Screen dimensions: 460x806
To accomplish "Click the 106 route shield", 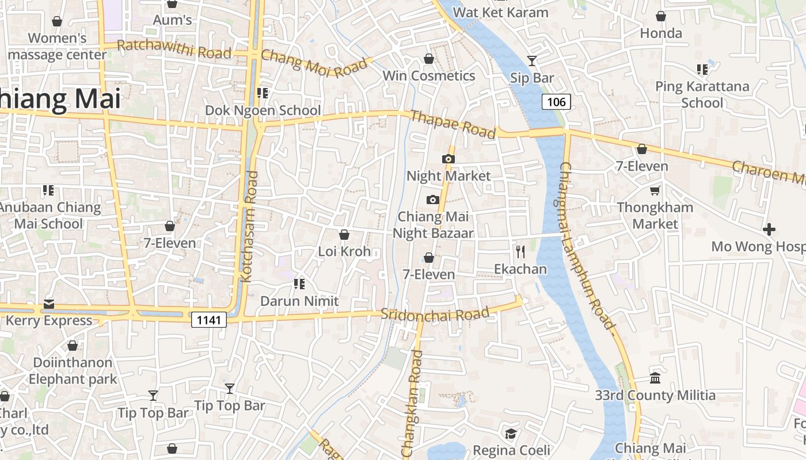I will click(x=556, y=102).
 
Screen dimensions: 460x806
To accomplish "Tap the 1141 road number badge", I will click(x=208, y=320).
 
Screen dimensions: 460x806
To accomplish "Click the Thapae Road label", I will click(x=453, y=124).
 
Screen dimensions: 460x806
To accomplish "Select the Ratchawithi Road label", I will click(x=174, y=49).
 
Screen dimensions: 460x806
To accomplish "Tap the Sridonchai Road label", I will click(x=435, y=315).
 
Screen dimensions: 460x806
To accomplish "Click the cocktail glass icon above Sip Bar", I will click(x=532, y=60).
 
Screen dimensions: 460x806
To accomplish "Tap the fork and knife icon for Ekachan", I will click(x=520, y=251).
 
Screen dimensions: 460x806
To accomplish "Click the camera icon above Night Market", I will click(x=448, y=159).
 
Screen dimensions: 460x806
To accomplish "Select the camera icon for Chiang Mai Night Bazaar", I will click(x=433, y=200).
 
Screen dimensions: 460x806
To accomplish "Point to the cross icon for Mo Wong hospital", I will click(x=769, y=229).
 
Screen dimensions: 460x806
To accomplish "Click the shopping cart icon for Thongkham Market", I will click(x=655, y=190).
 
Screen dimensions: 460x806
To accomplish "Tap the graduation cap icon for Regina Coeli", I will click(x=511, y=433).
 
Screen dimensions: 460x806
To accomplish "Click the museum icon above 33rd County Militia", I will click(x=655, y=378).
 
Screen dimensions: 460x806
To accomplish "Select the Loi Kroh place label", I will click(x=344, y=251).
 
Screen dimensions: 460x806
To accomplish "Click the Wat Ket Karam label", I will click(x=501, y=12).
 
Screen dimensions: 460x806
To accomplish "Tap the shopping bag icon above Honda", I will click(x=661, y=16).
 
